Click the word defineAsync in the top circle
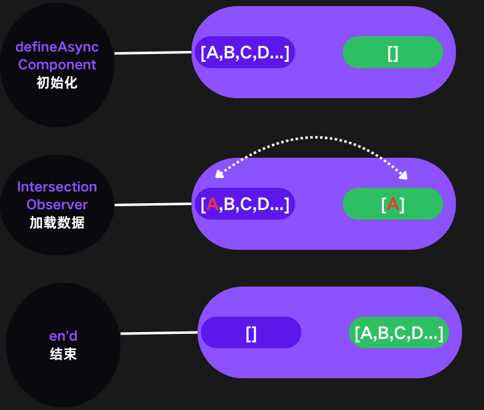(x=57, y=47)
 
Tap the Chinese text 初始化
(x=57, y=82)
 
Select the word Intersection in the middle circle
(x=57, y=187)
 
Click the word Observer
(x=57, y=204)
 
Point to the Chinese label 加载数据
(x=57, y=222)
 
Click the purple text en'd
(x=63, y=336)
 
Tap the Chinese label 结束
(x=63, y=354)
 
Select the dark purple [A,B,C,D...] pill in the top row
(x=245, y=53)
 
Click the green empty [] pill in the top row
(x=392, y=53)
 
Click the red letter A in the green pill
(x=393, y=204)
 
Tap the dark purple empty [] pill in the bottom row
(x=251, y=333)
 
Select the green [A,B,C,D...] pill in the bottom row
(x=399, y=333)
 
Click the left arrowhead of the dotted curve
(x=218, y=176)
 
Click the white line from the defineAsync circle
(x=153, y=53)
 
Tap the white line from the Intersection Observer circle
(x=153, y=204)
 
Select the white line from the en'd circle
(x=159, y=333)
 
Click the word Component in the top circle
(x=57, y=64)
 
